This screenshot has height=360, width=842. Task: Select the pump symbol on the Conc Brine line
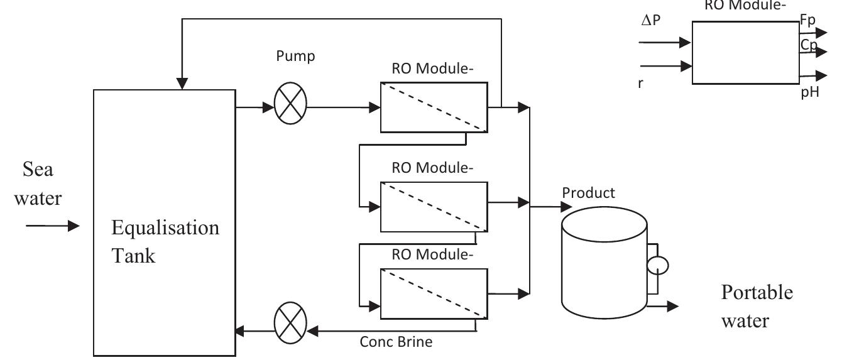click(x=290, y=325)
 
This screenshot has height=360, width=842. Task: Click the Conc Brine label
click(x=396, y=342)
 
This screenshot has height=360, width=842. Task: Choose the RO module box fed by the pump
click(x=434, y=107)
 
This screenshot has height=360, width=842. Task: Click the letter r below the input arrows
click(x=641, y=83)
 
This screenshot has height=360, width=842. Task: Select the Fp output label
click(x=807, y=20)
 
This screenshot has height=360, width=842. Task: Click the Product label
click(x=589, y=193)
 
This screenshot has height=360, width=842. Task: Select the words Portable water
click(x=757, y=307)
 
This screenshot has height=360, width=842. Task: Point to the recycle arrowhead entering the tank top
click(x=182, y=84)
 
